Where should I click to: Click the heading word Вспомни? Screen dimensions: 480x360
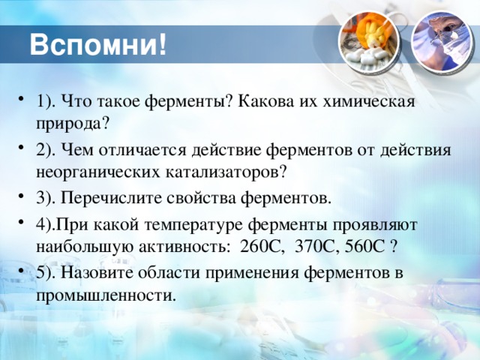(98, 45)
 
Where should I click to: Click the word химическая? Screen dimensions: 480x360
(369, 101)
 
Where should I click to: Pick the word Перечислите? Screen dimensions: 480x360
(111, 198)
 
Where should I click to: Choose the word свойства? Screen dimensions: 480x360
(202, 198)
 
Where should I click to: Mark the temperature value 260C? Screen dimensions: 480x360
(260, 247)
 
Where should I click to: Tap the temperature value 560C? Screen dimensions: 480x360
(364, 247)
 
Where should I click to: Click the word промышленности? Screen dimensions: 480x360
(106, 296)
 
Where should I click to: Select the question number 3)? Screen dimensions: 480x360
(46, 198)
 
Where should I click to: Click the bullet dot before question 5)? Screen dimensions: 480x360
(21, 270)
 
